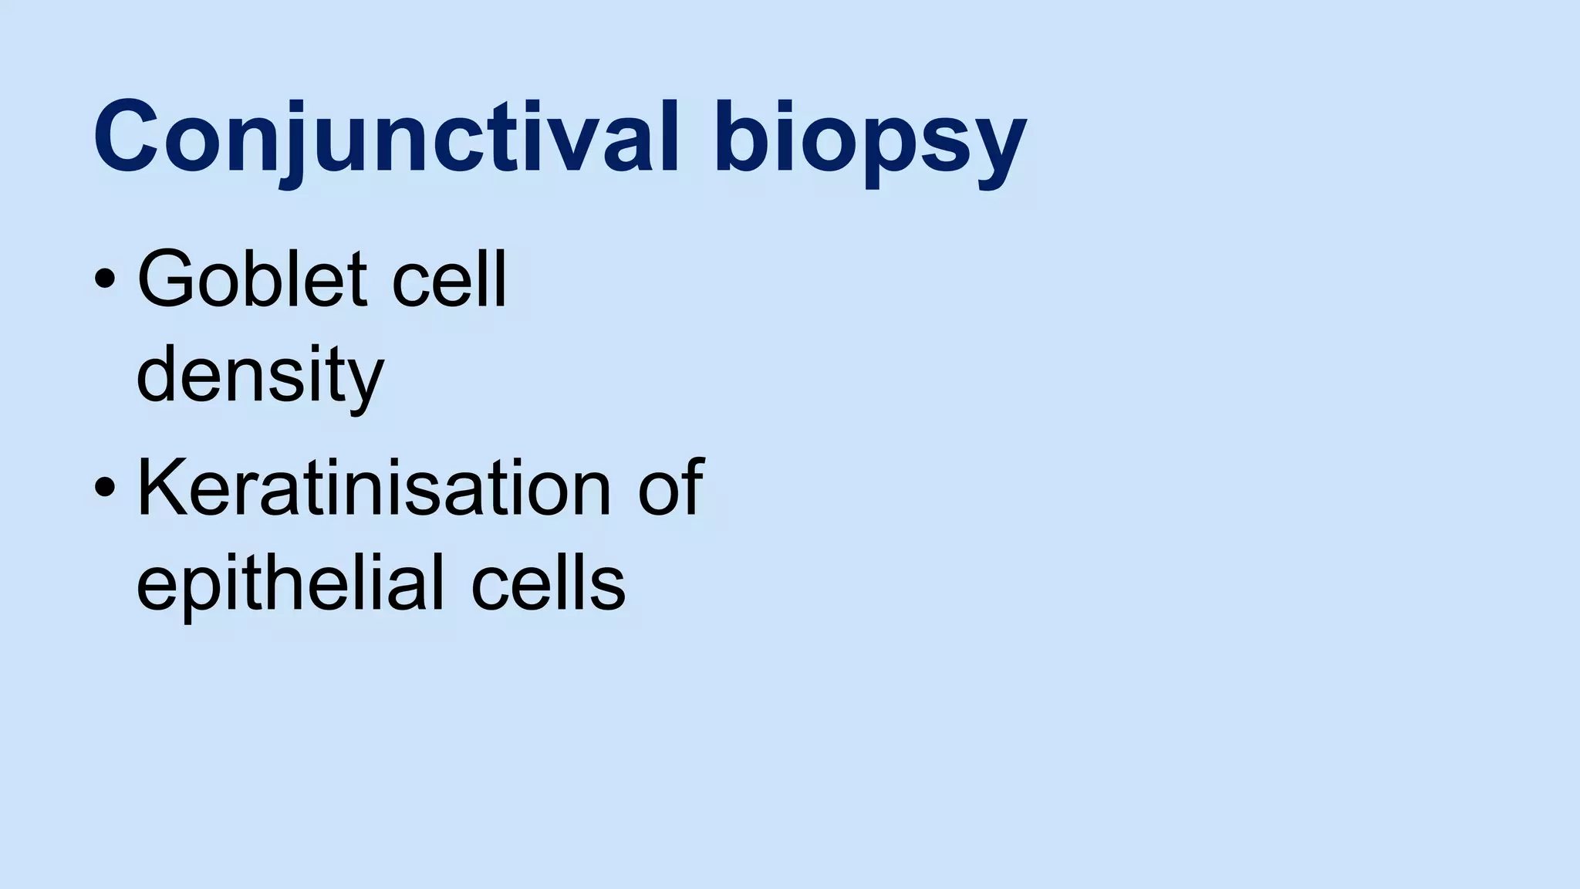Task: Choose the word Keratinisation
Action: (x=373, y=488)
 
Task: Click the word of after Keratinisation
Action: (x=670, y=488)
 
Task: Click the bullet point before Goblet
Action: (x=104, y=280)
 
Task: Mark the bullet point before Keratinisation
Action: (x=104, y=488)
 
